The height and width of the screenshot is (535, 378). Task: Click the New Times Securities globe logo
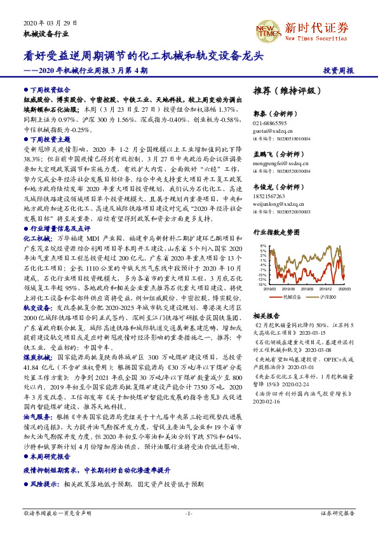[267, 30]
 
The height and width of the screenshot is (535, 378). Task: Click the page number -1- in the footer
[189, 513]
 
